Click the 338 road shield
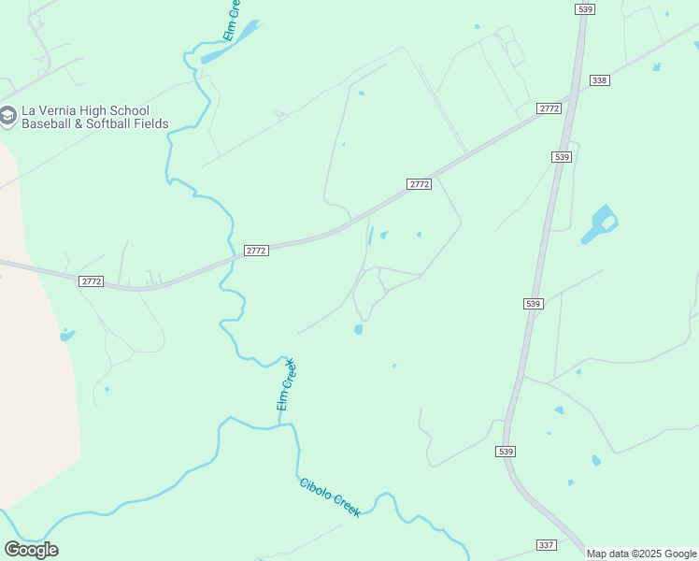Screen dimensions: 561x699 600,80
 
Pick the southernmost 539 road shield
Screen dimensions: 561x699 506,452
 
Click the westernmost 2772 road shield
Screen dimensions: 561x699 91,280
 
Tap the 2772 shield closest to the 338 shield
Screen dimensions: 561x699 549,109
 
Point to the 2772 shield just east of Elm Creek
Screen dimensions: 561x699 256,251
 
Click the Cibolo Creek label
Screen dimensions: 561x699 330,497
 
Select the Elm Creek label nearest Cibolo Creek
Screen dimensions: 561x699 286,384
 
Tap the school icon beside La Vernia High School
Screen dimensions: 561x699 8,116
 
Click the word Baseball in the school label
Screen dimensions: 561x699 47,123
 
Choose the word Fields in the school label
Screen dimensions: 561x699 152,123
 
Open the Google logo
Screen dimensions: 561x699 32,549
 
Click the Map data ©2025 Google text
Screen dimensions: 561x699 642,554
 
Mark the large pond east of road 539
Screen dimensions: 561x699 599,224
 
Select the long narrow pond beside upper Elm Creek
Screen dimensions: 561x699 230,43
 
